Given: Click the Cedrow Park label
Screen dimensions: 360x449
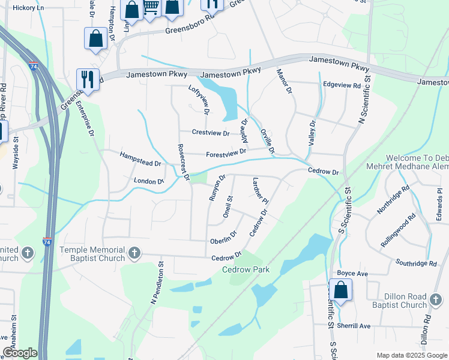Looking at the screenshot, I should coord(246,269).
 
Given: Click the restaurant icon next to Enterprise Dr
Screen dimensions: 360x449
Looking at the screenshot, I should coord(88,79).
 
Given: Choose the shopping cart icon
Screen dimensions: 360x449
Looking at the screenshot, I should coord(151,8).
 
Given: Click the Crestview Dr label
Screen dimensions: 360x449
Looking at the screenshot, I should coord(211,133).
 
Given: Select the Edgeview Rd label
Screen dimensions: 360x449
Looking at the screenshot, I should coord(342,86).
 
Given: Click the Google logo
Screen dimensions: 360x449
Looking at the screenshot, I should coord(19,353).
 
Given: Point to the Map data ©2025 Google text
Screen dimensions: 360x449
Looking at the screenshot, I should coord(411,355).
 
